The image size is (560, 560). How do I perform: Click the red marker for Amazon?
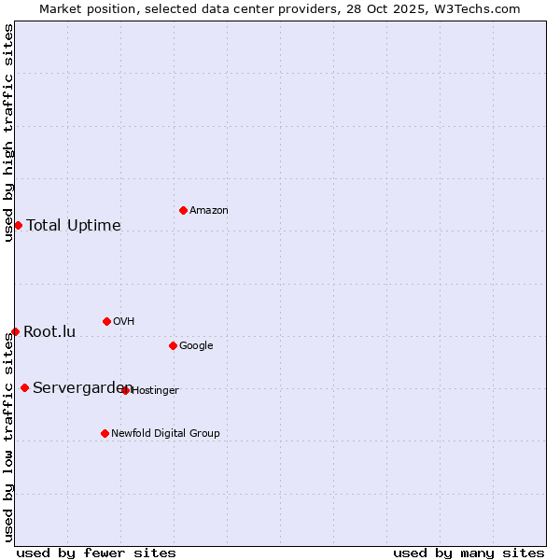[183, 210]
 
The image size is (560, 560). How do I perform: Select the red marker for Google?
[173, 345]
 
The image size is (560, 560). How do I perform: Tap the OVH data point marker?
[106, 321]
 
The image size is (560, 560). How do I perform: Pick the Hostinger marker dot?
[125, 390]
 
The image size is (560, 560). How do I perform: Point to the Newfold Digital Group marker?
[105, 433]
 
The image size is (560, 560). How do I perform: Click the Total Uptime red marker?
[18, 225]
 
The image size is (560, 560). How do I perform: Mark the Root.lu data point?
[15, 331]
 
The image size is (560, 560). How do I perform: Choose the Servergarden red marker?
[24, 387]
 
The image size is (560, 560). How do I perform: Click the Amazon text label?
[209, 211]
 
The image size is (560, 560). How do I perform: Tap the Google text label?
[196, 346]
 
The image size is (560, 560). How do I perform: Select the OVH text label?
[124, 322]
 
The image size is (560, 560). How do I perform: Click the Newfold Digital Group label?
[165, 434]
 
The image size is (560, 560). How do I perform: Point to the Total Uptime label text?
[74, 226]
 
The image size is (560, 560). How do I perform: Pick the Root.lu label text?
[49, 332]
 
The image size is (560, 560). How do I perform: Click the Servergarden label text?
[82, 388]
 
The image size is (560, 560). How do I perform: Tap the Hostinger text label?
[155, 391]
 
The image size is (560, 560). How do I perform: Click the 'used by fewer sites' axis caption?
[96, 553]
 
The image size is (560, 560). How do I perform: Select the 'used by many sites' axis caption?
[469, 553]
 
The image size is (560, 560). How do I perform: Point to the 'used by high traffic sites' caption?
[8, 133]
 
